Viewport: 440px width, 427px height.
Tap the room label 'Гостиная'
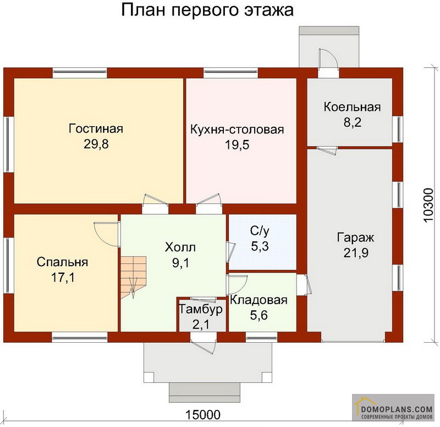(x=96, y=129)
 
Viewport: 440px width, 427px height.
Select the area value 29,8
(x=96, y=145)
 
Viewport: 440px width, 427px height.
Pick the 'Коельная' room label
(x=352, y=106)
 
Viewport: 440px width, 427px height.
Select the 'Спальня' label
(x=63, y=262)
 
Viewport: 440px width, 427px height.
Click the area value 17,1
(x=63, y=278)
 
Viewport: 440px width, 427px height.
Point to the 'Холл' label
(x=180, y=247)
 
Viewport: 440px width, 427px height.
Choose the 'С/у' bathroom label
(x=260, y=231)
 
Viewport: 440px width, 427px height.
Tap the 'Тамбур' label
(x=201, y=310)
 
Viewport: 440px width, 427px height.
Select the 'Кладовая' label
(x=258, y=300)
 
